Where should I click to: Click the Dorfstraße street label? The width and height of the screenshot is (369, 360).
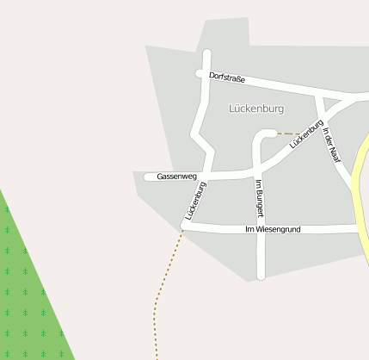coord(227,78)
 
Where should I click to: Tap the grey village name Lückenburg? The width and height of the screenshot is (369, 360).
coord(256,109)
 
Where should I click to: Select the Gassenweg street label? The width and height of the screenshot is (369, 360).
coord(177,177)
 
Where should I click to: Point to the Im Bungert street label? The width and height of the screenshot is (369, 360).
coord(259,197)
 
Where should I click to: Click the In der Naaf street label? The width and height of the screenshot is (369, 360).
coord(331,142)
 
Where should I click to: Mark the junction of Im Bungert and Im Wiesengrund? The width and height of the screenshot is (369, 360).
coord(261,229)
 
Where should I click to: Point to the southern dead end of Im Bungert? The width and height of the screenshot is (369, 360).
coord(261,276)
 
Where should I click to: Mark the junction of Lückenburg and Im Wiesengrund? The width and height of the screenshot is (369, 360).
coord(183,227)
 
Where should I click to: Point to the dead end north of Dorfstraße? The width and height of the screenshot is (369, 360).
coord(206,54)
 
